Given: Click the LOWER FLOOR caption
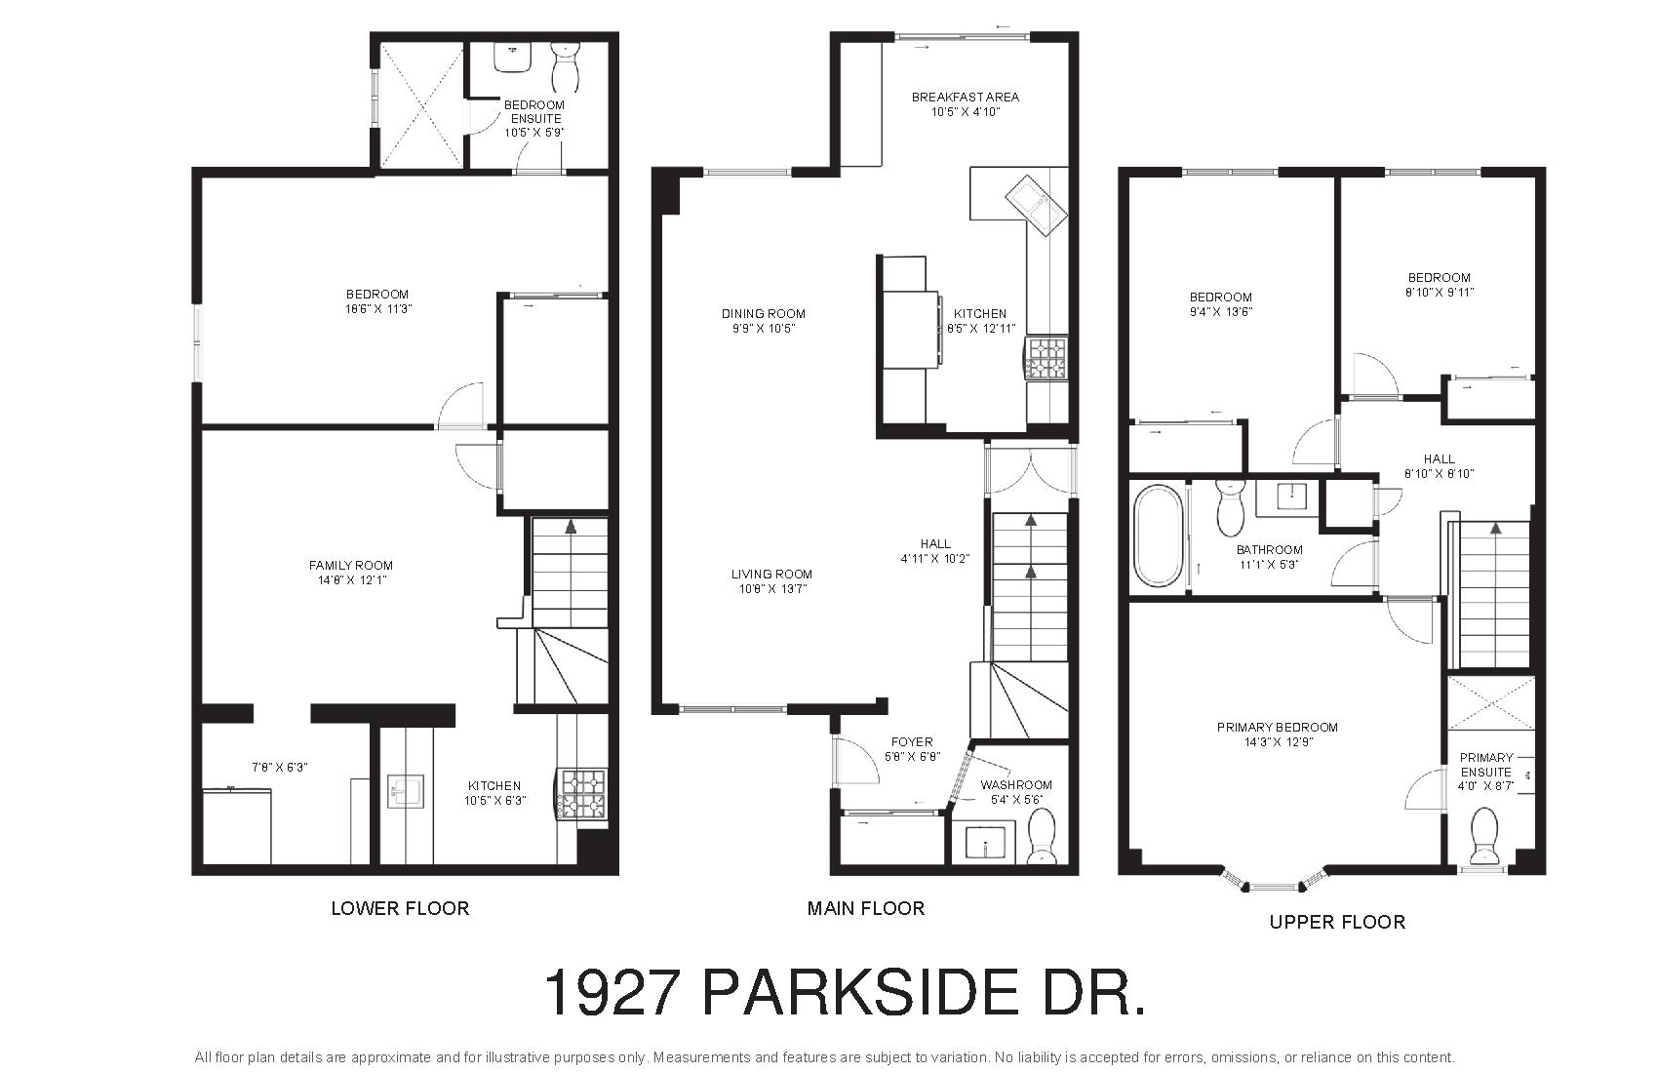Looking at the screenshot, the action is coord(400,908).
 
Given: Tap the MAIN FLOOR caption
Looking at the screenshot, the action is coord(865,908).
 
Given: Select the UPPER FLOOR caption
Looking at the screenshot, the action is coord(1337,922).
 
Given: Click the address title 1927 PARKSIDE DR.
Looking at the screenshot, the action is coord(845,993).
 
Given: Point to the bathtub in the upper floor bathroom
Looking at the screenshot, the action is coord(1159,536).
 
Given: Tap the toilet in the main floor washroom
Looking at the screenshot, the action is coord(1043,836).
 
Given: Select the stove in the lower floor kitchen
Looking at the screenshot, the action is coord(582,795).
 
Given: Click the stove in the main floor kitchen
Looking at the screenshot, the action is coord(1046,358).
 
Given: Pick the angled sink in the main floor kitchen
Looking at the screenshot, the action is coord(1036,205).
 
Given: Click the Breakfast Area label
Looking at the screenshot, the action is coord(966,97).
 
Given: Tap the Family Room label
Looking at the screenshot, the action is coord(351,565).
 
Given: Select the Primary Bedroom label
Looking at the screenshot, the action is coord(1278,727).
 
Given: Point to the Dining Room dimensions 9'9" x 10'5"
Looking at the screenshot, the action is coord(763,328).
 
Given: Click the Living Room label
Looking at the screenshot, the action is coord(771,574).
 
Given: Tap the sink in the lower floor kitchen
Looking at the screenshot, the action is coord(406,792).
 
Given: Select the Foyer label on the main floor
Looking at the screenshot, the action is coord(912,741).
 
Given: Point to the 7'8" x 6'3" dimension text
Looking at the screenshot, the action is coord(279,767).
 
